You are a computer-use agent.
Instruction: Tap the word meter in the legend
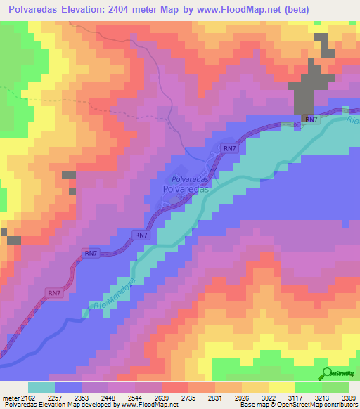coord(10,397)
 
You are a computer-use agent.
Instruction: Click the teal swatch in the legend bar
coord(41,387)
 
